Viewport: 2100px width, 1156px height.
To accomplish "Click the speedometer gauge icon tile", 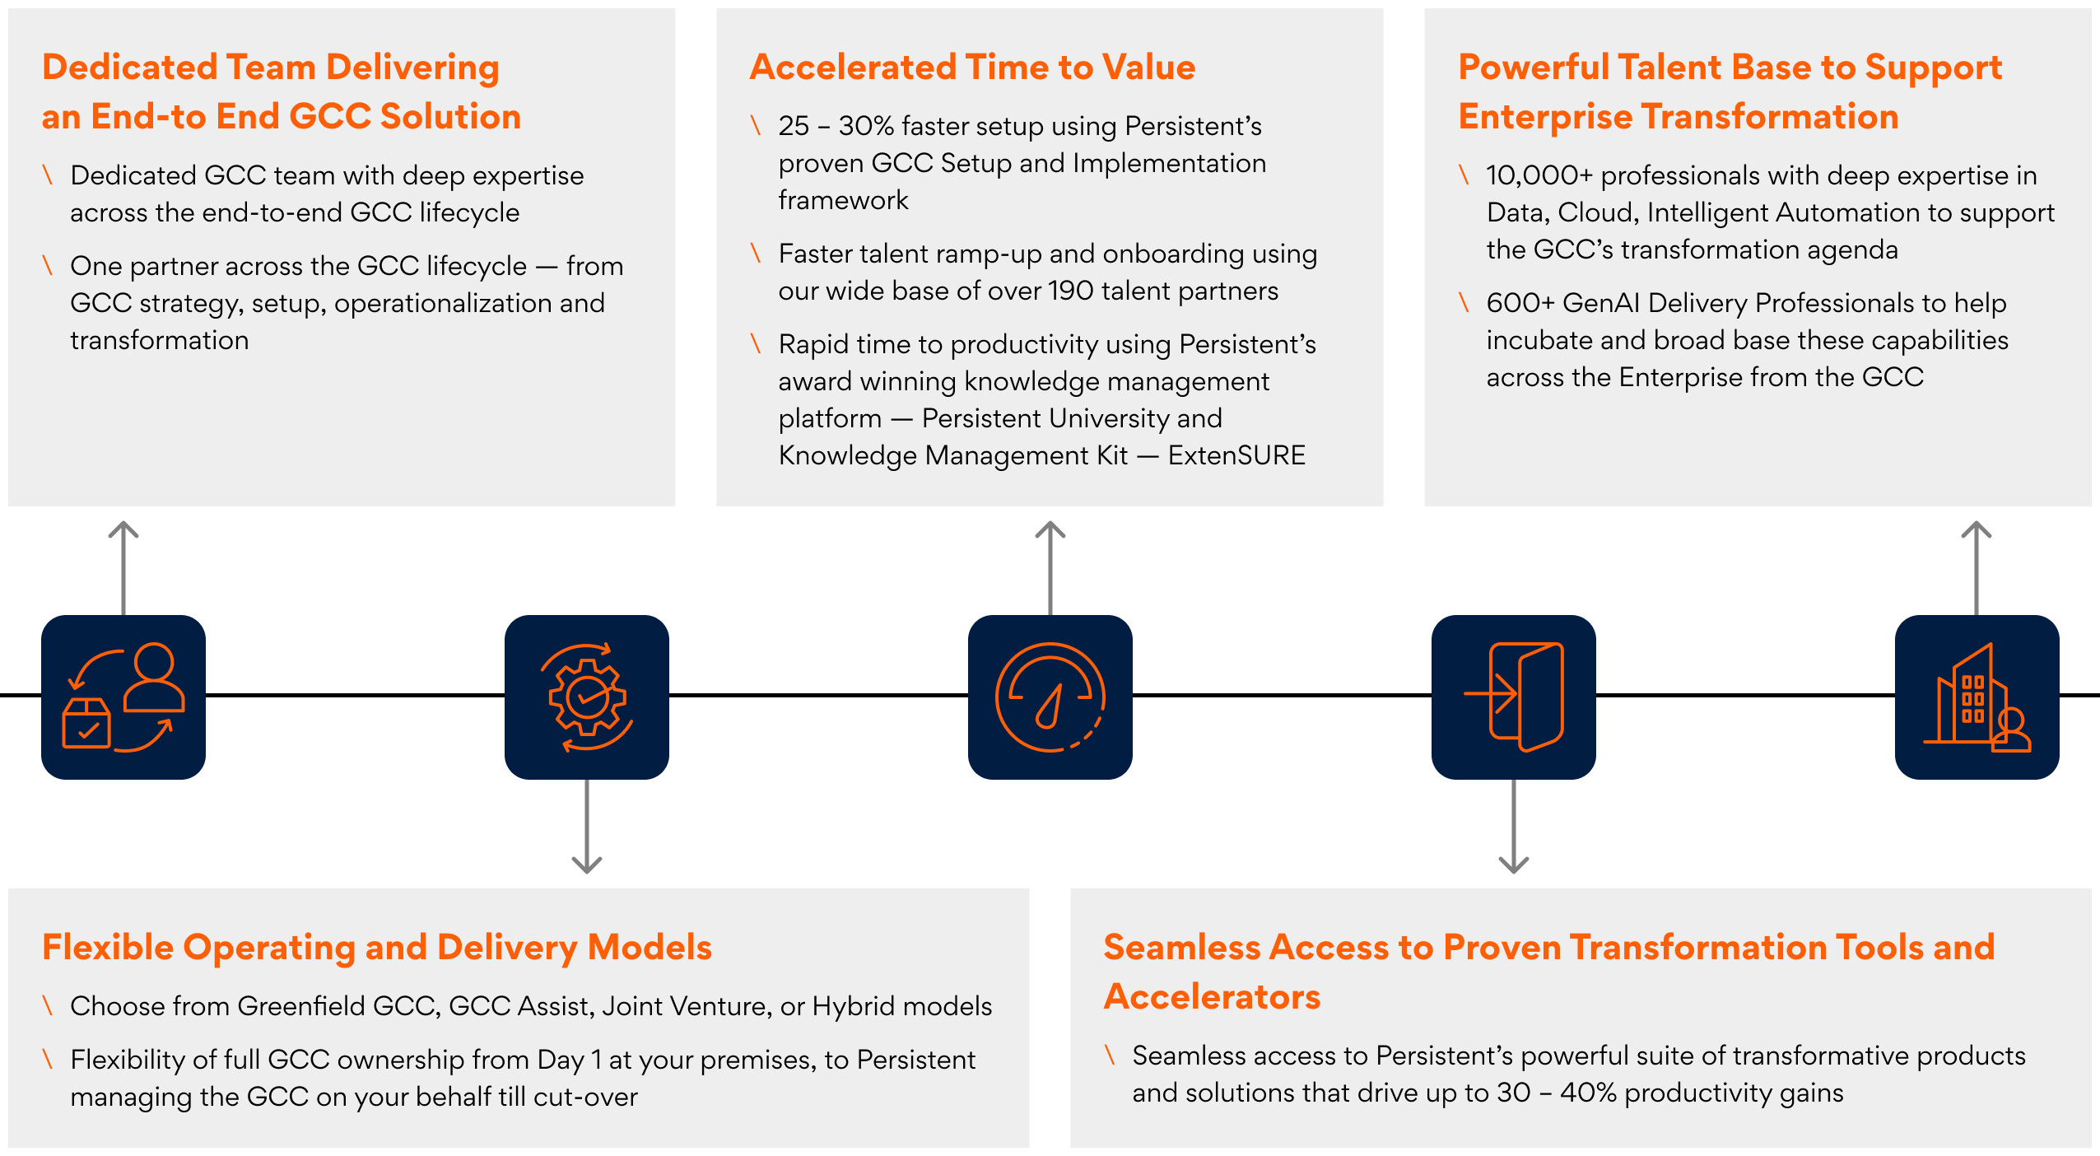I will click(1050, 697).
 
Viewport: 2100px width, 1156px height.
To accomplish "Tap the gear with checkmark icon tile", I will click(586, 697).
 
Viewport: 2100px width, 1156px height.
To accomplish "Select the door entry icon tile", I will click(1513, 697).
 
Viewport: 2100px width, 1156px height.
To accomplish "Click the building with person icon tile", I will click(1977, 697).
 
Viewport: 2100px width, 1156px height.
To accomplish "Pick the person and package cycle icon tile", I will click(123, 697).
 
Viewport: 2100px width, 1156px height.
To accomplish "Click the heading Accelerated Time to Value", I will click(971, 68).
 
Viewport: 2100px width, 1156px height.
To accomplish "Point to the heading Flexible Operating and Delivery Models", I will click(376, 947).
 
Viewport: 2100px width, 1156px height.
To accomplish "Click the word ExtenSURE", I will click(1236, 455).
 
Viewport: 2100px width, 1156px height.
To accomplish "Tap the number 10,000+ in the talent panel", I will click(1539, 175).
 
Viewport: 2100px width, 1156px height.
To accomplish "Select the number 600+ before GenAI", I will click(1520, 303).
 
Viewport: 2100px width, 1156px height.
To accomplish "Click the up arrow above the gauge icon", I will click(1050, 560).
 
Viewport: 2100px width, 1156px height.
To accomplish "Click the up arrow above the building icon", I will click(1977, 560).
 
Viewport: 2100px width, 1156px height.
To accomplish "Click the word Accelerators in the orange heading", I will click(1212, 997).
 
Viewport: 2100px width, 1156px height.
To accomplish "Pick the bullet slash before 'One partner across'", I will click(48, 265).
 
